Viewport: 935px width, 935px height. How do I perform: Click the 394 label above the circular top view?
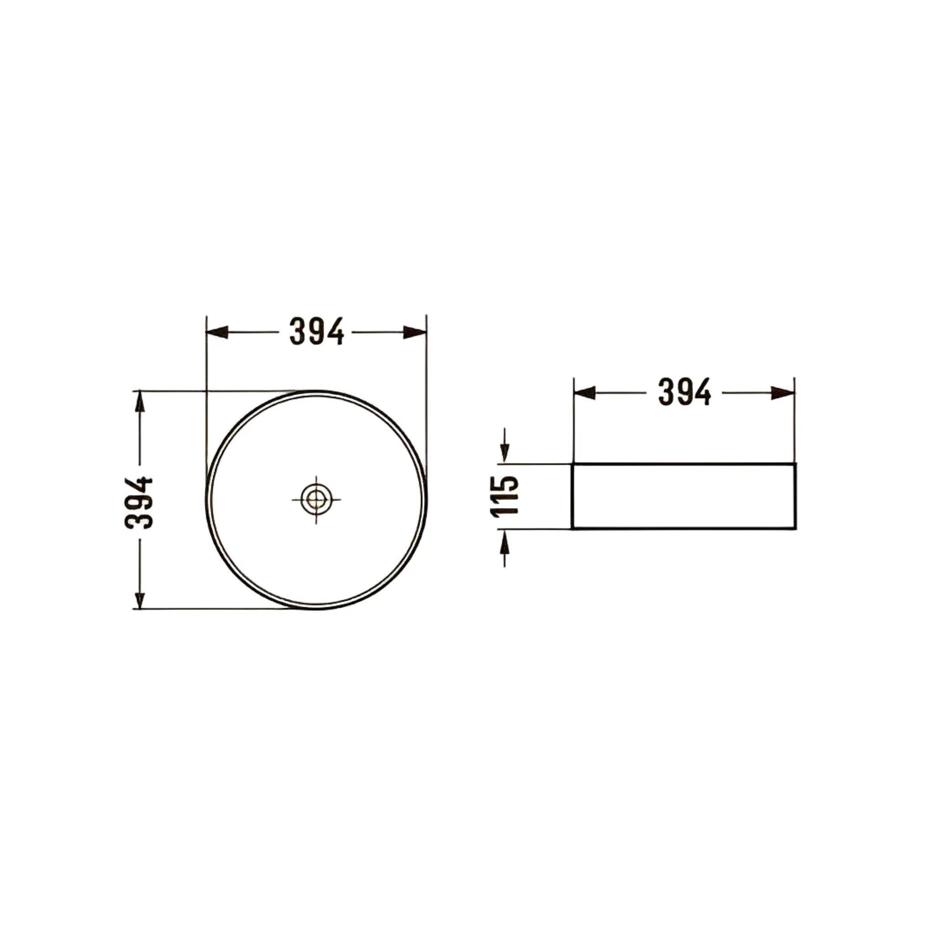point(317,331)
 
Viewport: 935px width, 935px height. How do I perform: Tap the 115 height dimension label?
point(505,497)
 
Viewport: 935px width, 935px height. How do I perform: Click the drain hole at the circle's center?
point(316,499)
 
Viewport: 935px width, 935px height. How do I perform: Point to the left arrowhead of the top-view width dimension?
point(217,332)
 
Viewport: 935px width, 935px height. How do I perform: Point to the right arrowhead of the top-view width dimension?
point(415,332)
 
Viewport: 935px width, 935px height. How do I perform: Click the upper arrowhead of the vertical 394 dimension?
point(140,402)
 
